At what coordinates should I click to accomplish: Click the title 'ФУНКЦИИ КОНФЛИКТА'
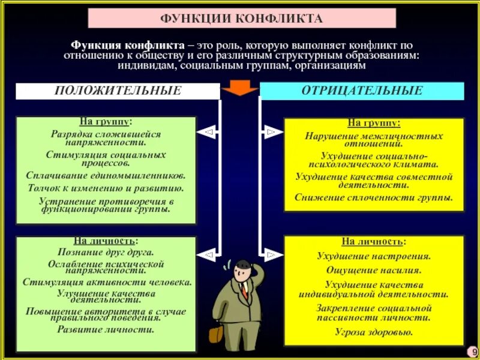click(242, 18)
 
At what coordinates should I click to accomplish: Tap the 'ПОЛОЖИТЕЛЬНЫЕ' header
click(118, 91)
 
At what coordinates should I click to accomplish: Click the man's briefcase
click(215, 333)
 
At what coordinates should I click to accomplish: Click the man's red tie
click(245, 290)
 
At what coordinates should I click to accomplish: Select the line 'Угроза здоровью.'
click(374, 332)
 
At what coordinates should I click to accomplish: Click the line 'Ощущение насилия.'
click(374, 270)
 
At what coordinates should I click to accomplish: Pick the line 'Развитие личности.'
click(106, 329)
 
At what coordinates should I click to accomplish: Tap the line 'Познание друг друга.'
click(106, 253)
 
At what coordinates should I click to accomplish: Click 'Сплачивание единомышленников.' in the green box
click(106, 176)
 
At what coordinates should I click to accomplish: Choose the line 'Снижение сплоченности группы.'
click(374, 197)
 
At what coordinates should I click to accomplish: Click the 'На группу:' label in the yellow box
click(374, 123)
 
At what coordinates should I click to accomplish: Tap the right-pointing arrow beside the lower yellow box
click(271, 256)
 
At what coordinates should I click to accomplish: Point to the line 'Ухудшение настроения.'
click(374, 256)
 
